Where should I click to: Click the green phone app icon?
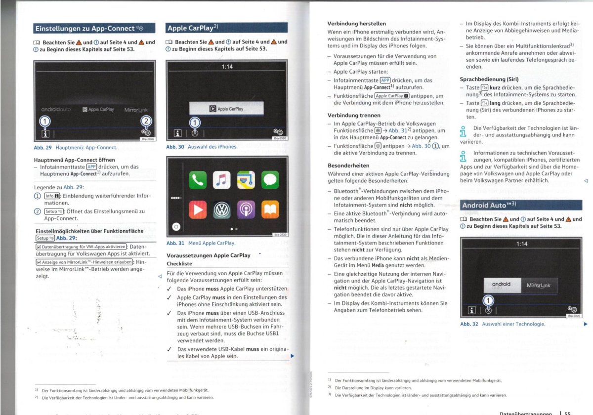[198, 180]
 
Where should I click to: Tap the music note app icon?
[221, 180]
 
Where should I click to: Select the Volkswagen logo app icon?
[221, 209]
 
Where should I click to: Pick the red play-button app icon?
[198, 209]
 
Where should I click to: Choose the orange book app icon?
[270, 209]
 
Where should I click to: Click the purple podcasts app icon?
[246, 209]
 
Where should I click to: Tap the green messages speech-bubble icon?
[270, 180]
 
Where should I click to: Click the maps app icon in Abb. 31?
[246, 180]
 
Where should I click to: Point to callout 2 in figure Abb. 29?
[146, 121]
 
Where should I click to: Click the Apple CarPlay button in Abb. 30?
[226, 109]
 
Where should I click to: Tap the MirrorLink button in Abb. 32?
[539, 286]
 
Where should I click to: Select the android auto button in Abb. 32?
[502, 286]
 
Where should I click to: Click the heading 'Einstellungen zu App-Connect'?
[85, 28]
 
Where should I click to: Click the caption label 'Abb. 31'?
[175, 243]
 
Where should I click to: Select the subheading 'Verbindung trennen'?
[354, 116]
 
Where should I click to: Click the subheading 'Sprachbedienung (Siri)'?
[489, 80]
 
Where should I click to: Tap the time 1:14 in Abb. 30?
[227, 67]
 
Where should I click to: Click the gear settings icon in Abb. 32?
[572, 309]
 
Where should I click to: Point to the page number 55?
[567, 413]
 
